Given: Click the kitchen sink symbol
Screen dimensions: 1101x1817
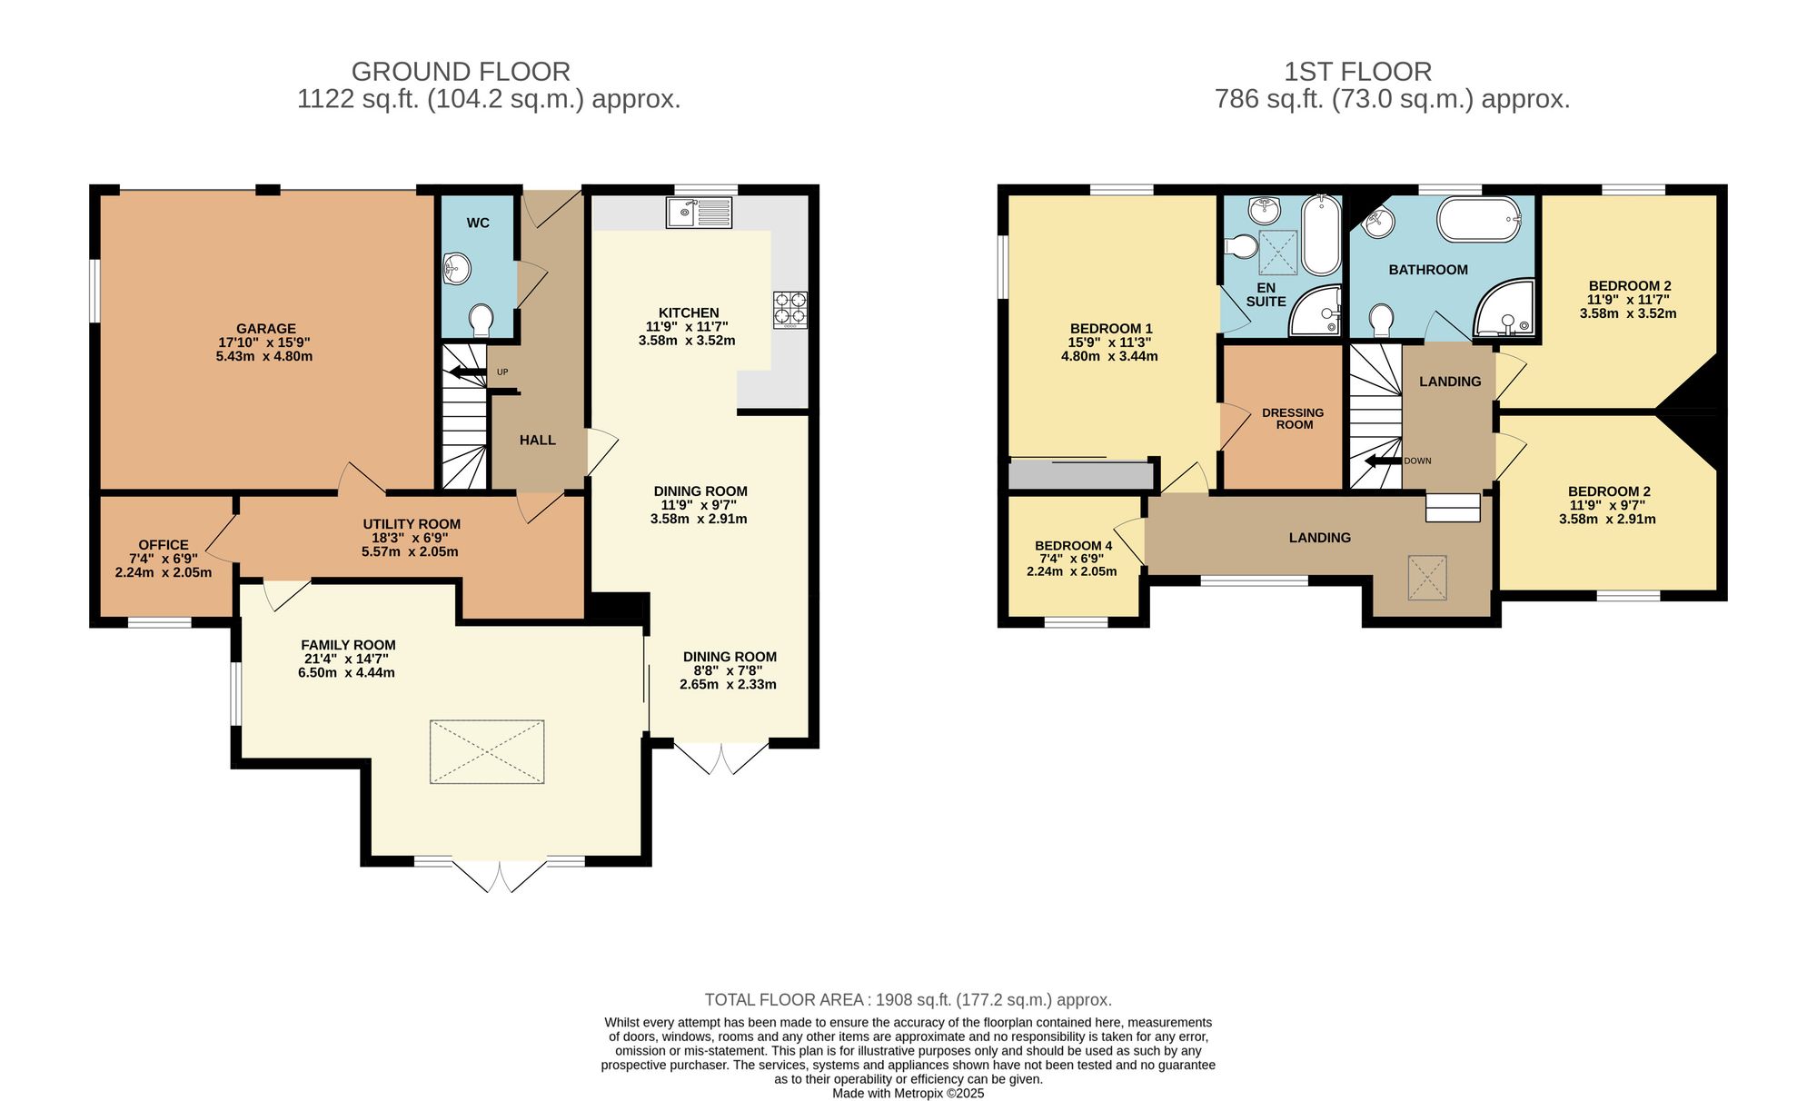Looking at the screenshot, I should coord(698,213).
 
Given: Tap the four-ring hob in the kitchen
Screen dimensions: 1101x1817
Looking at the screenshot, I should coord(789,309).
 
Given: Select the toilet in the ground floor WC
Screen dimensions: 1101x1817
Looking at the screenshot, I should coord(482,319).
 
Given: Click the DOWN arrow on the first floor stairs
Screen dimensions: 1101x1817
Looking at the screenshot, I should coord(1383,461).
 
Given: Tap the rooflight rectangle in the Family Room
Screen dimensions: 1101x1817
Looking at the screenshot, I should coord(487,751).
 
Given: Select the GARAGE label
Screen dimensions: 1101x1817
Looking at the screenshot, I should coord(265,329).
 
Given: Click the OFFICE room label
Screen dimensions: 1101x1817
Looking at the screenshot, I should coord(164,545).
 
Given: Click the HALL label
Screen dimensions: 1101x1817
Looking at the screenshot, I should coord(537,440).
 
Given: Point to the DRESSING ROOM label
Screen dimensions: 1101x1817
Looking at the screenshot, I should coord(1293,418).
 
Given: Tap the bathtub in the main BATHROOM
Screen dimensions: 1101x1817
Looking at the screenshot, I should coord(1479,220).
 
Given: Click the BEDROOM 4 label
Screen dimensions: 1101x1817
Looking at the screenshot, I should coord(1073,546).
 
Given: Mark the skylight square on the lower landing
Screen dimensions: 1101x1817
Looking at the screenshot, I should coord(1426,578).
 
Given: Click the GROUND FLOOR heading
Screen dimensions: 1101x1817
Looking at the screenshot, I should coord(461,71).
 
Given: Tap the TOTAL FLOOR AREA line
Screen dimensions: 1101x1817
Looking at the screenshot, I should coord(908,999).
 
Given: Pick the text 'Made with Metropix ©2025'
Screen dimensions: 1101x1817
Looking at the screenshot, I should coord(908,1093).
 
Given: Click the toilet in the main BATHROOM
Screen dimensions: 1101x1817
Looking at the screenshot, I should coord(1382,319).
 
